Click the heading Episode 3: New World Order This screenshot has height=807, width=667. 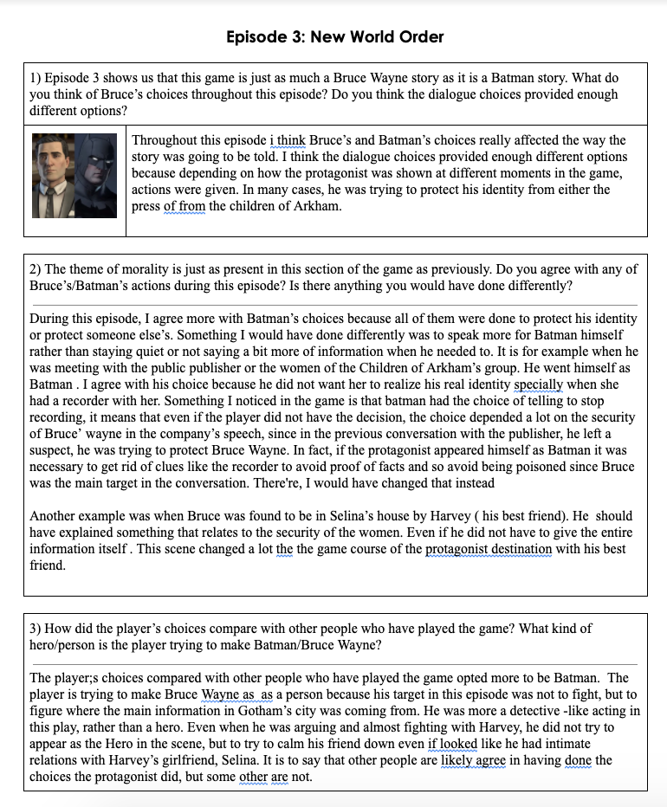334,36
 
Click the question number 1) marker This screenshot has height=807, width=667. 36,77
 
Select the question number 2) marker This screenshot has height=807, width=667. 36,269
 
